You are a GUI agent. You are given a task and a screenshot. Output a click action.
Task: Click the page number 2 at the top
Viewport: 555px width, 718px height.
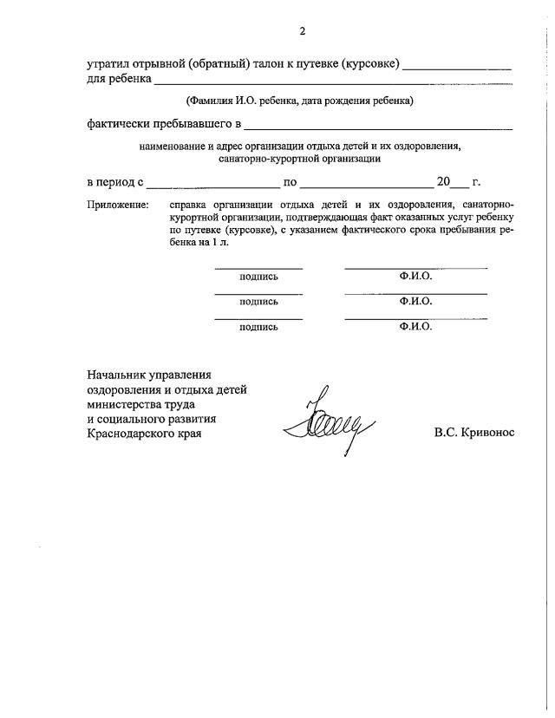click(x=303, y=32)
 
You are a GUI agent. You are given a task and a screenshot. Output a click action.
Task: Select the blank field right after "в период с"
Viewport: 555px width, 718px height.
click(x=212, y=183)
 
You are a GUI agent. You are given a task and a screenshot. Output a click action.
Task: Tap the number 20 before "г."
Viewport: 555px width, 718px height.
click(x=443, y=182)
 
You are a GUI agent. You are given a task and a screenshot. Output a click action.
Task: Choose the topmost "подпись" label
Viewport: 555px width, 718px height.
click(x=258, y=276)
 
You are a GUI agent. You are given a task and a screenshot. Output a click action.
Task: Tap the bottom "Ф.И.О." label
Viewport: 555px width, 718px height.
click(x=415, y=327)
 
